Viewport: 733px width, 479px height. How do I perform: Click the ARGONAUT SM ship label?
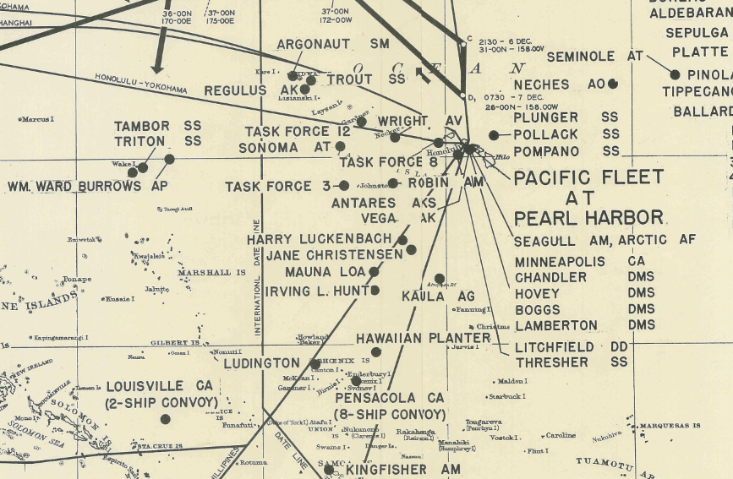tap(331, 43)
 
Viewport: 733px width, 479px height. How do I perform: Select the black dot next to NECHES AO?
tap(613, 84)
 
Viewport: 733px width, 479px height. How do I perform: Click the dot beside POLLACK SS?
tap(494, 135)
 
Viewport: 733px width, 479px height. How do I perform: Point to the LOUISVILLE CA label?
tap(157, 386)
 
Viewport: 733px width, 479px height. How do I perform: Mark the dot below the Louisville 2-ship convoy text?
tap(166, 419)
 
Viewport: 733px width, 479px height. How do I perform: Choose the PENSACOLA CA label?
tap(390, 397)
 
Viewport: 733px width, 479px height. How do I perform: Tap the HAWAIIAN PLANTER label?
tap(423, 338)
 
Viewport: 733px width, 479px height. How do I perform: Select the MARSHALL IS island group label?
tap(211, 273)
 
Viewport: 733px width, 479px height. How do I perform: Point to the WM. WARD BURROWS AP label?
tap(88, 186)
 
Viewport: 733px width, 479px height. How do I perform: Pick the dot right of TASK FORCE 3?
tap(344, 185)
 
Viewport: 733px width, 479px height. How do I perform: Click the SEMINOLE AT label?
tap(595, 57)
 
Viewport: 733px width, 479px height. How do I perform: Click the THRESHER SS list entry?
tap(571, 362)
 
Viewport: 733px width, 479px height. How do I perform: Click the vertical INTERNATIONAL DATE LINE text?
tap(257, 279)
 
